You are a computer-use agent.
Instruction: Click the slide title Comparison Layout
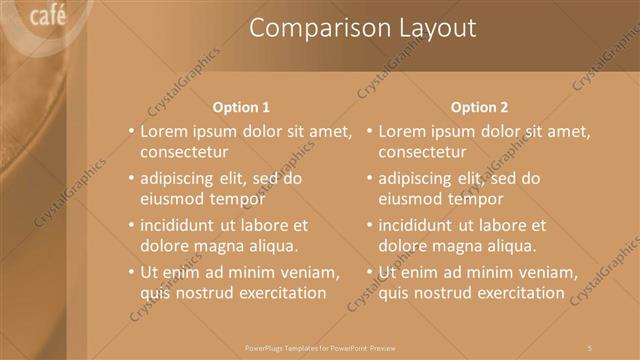362,28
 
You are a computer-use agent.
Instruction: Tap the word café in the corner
48,15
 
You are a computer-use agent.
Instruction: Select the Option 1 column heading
242,107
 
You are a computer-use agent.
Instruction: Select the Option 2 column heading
480,107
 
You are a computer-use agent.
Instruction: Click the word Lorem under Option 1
165,131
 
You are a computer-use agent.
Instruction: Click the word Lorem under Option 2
404,131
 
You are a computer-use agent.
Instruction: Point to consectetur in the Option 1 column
184,152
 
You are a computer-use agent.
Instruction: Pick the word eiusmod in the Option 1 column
170,199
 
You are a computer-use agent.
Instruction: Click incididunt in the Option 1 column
182,226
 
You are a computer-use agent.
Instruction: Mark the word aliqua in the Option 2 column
507,246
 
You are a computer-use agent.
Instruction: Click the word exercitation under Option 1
278,293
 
